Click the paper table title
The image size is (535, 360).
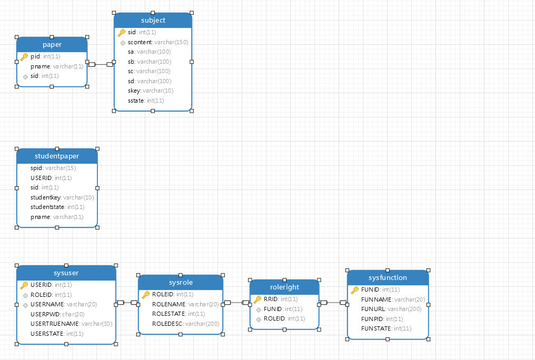[52, 45]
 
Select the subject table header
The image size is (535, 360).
[153, 21]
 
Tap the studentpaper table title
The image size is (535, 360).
[57, 156]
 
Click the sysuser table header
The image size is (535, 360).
[66, 273]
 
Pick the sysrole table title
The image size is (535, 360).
[180, 283]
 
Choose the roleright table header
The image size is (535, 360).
[284, 287]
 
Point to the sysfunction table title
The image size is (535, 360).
[388, 277]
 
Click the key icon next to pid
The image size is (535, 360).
[24, 57]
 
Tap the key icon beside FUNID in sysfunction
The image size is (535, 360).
[355, 289]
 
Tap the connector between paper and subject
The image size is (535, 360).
[101, 64]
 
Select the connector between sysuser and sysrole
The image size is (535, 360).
[127, 303]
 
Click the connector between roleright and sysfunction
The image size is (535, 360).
[333, 303]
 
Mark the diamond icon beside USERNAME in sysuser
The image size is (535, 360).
[25, 305]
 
